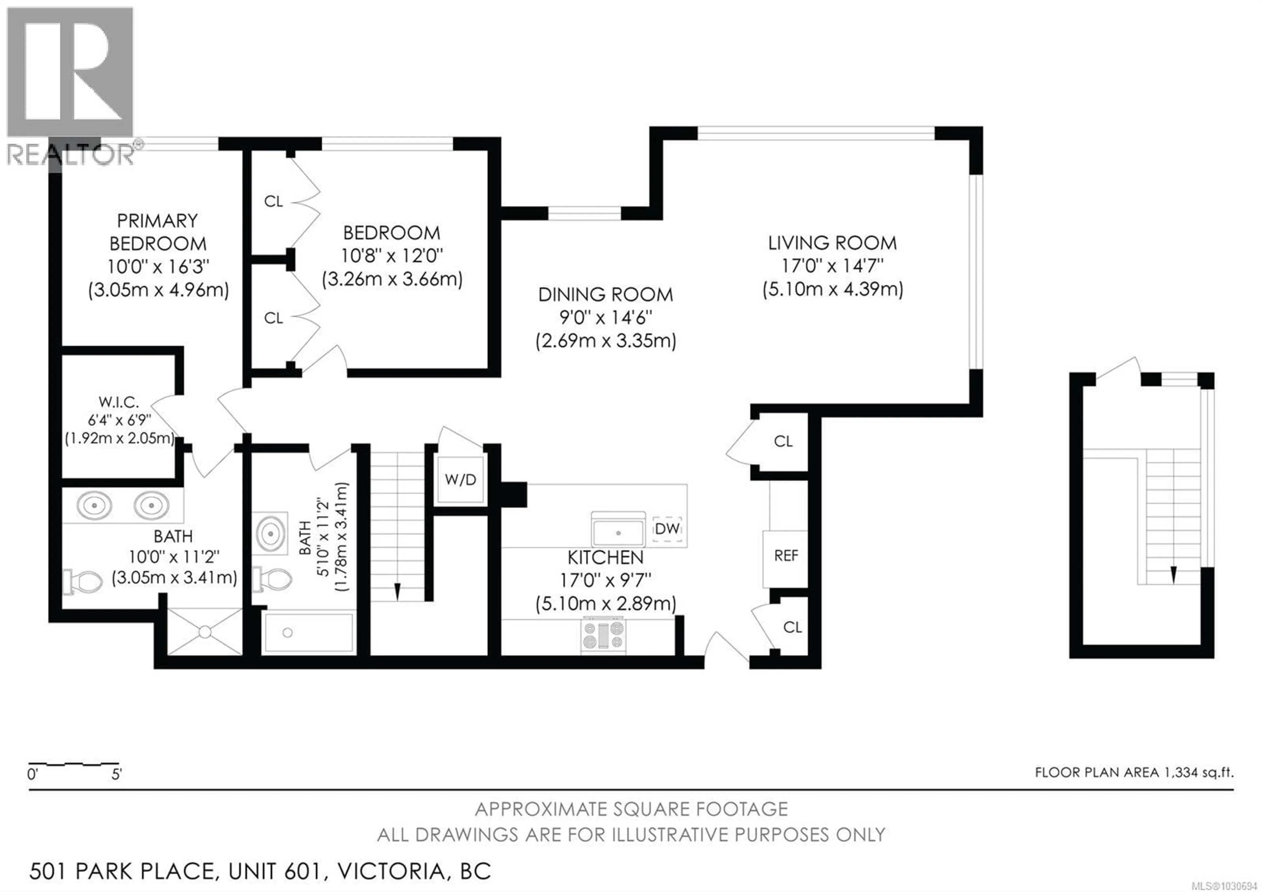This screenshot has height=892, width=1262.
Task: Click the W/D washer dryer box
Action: click(x=460, y=480)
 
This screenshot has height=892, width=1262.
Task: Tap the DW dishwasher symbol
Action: click(x=667, y=529)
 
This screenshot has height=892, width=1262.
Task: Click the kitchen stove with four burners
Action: click(x=603, y=636)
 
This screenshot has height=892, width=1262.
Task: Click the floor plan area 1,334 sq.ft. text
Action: click(x=1134, y=773)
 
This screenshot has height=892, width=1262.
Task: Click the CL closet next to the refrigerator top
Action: click(x=783, y=442)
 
